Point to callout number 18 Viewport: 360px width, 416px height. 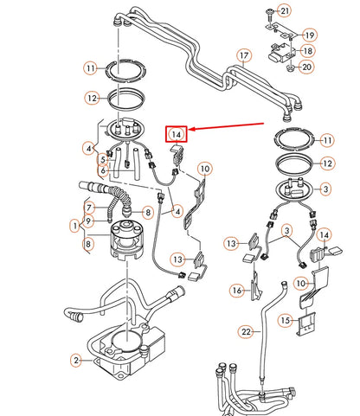click(309, 52)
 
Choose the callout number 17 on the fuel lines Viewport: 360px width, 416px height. click(244, 57)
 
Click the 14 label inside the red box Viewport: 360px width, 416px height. click(177, 134)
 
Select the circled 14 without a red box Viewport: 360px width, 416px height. click(325, 235)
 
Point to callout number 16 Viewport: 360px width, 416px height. click(237, 291)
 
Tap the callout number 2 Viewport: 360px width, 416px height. click(75, 360)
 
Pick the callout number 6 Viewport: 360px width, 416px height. click(102, 172)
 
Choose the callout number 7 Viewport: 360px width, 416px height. click(88, 207)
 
